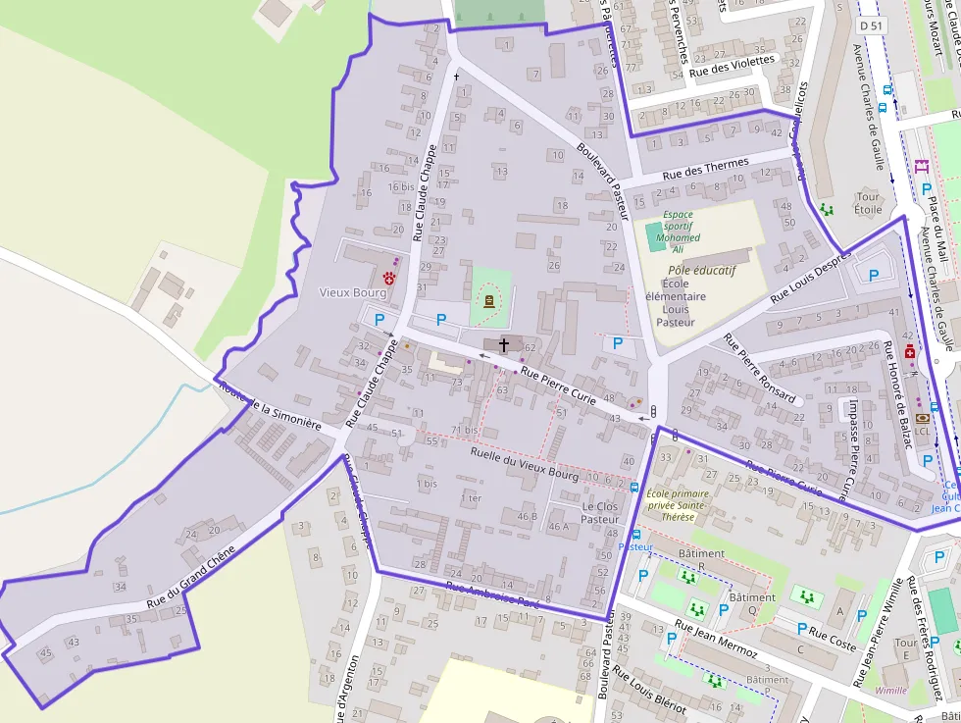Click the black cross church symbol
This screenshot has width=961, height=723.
[x=504, y=344]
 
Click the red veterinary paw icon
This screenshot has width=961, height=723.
[x=389, y=278]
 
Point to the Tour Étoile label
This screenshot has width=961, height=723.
[x=868, y=202]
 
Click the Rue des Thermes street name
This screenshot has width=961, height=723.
[x=705, y=169]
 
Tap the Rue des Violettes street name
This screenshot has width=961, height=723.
[x=732, y=66]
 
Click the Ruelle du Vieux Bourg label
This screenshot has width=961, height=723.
[x=525, y=458]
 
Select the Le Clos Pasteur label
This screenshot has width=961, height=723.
[x=600, y=512]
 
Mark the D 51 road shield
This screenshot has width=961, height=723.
[x=870, y=25]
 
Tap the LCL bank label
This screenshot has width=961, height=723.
[x=922, y=430]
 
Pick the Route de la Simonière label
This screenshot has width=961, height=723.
[x=272, y=406]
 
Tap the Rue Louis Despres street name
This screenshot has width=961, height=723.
[x=810, y=281]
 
